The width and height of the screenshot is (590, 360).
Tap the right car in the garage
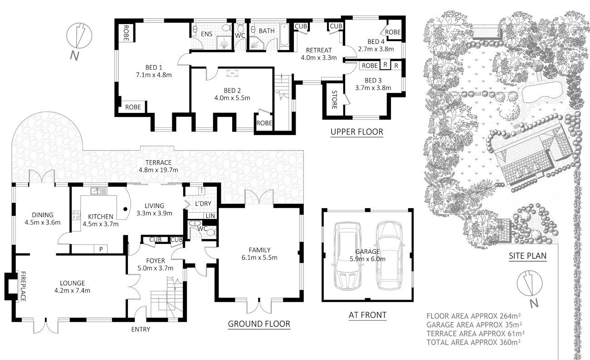(x=389, y=255)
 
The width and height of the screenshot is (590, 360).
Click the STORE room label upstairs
(x=334, y=100)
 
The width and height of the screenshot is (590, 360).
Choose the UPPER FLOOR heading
(x=356, y=132)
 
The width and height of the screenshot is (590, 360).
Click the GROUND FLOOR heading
(x=258, y=324)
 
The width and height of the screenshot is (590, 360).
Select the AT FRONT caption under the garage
(x=367, y=315)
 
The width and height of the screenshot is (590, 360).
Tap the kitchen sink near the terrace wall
(x=98, y=191)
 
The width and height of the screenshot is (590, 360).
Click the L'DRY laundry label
(x=203, y=204)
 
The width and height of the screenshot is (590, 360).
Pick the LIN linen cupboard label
(x=210, y=216)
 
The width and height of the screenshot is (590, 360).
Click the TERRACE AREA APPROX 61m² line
(x=474, y=333)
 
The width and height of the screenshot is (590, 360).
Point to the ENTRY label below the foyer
(x=140, y=329)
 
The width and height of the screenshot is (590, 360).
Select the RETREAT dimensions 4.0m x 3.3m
(x=318, y=58)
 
